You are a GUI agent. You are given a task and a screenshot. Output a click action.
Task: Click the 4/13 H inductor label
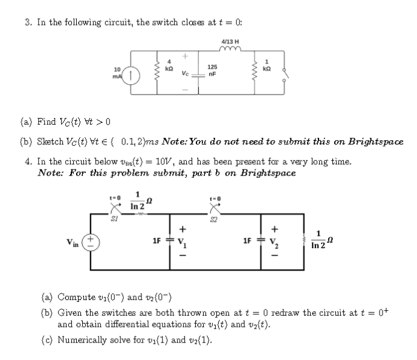coord(231,42)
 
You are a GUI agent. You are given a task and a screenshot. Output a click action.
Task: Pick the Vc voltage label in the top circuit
coord(185,74)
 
